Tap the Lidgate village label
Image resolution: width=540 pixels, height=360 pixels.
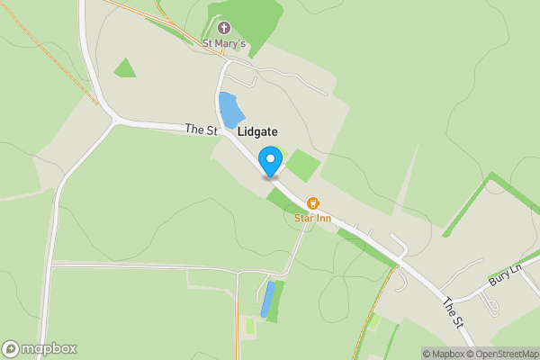tap(257, 131)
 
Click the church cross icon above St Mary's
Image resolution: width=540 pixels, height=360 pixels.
tap(224, 28)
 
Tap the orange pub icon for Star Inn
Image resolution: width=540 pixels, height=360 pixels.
tap(313, 203)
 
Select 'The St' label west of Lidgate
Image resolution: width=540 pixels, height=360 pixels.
tap(202, 130)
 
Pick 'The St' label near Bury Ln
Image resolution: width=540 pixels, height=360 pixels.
tap(454, 312)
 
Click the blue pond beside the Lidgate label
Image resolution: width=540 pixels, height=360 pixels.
tap(231, 110)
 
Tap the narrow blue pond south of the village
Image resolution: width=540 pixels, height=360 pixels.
tap(266, 300)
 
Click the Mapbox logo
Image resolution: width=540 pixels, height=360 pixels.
tap(40, 349)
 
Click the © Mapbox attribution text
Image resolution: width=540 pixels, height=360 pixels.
tap(442, 354)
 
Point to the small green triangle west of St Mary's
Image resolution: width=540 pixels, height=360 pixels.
tap(124, 68)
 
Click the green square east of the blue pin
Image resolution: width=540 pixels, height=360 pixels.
tap(303, 166)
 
